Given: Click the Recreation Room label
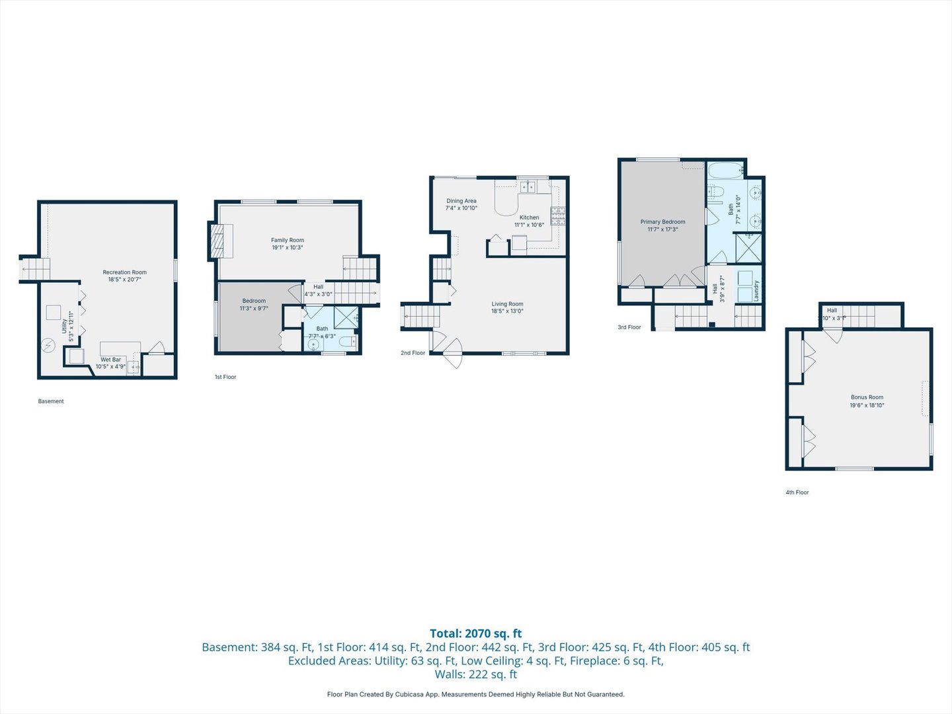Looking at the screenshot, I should coord(124,272).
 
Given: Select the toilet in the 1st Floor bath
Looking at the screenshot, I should coord(348,342).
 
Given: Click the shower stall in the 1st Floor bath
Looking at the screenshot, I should coord(346,317).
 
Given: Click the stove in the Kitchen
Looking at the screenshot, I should coord(558,216).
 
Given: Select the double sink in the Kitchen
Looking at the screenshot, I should coord(527,187).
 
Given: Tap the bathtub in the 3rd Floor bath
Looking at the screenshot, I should coord(725,173).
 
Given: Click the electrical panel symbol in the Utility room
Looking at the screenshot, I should coord(48,345).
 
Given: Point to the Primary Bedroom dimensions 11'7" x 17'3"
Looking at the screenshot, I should coord(662,229).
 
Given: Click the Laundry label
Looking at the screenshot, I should coord(756,291).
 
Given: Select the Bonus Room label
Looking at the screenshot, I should coord(867,397).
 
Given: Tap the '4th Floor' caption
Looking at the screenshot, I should coord(797,493).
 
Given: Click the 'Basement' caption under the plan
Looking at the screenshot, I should coord(51,401).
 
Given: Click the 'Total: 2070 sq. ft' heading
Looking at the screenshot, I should coord(475,633).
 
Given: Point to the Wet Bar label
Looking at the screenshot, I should coord(110,360).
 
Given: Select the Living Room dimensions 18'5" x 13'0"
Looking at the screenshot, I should coord(507,311).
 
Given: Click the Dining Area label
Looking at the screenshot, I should coord(461,201).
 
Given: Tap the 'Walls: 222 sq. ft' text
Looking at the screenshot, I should coord(475,674).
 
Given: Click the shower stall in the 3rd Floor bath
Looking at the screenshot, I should coord(748,248).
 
